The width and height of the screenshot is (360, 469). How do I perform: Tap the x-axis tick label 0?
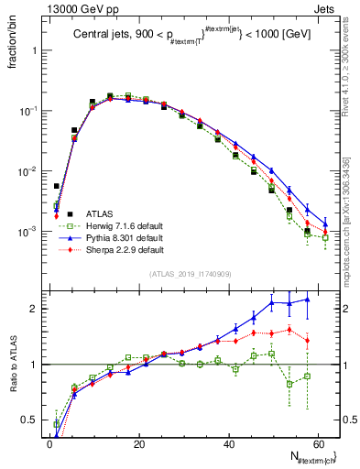pos(49,444)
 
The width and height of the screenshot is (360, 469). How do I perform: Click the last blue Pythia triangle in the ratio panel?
pos(307,300)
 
